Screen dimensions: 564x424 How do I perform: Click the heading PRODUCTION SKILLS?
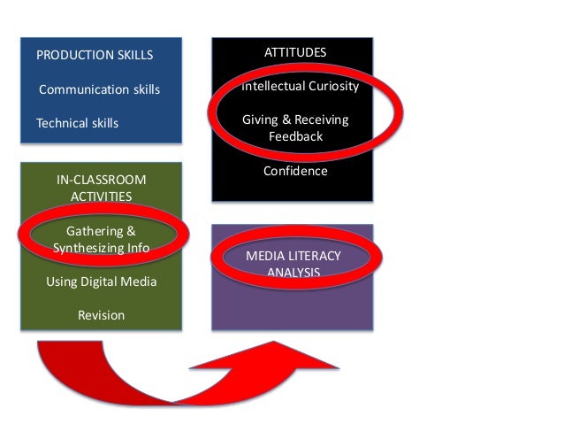coord(94,55)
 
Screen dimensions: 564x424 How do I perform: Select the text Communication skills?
coord(99,89)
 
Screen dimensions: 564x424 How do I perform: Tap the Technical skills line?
coord(77,123)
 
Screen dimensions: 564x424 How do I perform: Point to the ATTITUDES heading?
coord(295,52)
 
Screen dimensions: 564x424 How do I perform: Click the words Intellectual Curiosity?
coord(301,87)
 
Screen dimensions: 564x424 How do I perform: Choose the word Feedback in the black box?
coord(295,137)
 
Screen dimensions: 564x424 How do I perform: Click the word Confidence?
coord(295,171)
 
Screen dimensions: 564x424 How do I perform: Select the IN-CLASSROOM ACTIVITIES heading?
coord(101,188)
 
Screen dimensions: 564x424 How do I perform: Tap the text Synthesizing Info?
coord(101,248)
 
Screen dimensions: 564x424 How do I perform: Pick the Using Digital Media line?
coord(101,281)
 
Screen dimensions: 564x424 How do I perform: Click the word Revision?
coord(101,315)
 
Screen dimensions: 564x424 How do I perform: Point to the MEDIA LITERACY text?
coord(293,256)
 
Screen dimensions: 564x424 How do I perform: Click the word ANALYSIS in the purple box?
coord(293,272)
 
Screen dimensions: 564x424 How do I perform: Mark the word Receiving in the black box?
coord(322,119)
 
